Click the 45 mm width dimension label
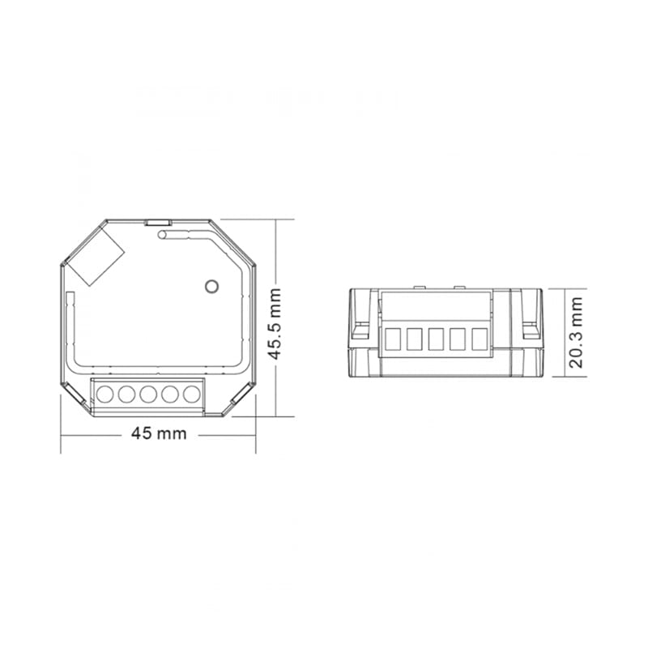click(159, 433)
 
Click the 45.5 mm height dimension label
click(274, 324)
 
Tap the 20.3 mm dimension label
click(576, 332)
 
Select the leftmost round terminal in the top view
click(105, 394)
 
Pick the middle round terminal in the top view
click(148, 394)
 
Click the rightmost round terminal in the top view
click(192, 394)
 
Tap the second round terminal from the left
click(126, 394)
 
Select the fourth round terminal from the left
click(170, 394)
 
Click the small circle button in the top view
click(211, 286)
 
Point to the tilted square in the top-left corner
click(95, 256)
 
